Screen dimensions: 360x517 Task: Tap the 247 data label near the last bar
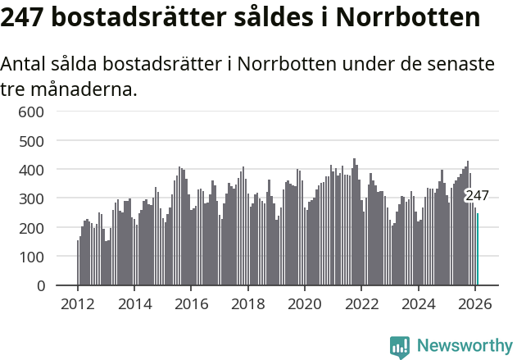477,196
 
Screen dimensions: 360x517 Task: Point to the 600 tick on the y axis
30,112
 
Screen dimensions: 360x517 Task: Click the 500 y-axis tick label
30,141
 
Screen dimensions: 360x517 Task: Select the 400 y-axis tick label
30,170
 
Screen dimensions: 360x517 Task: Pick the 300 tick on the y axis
30,199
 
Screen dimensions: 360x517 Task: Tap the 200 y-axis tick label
30,228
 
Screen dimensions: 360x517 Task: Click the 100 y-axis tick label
30,257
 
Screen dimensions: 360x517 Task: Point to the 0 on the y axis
39,286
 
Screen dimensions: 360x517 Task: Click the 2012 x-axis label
78,303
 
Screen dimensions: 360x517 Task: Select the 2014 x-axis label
134,303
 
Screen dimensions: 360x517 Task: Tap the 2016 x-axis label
191,303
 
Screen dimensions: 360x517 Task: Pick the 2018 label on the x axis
247,303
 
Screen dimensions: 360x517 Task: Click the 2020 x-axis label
304,303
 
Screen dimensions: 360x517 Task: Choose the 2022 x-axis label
361,303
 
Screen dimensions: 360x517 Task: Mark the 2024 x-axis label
417,303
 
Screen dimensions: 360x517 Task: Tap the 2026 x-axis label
474,303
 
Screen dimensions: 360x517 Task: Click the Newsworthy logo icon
400,347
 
